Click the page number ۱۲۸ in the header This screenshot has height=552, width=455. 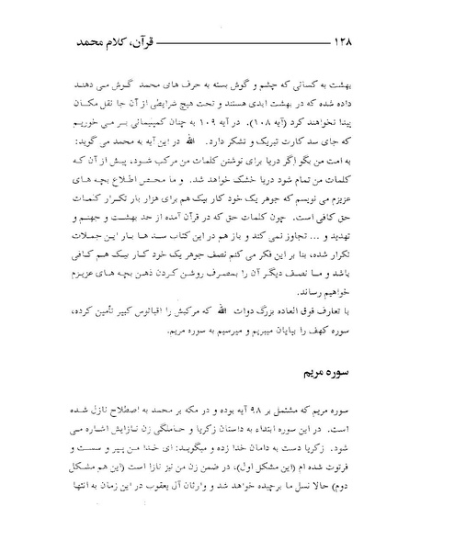pos(75,42)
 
